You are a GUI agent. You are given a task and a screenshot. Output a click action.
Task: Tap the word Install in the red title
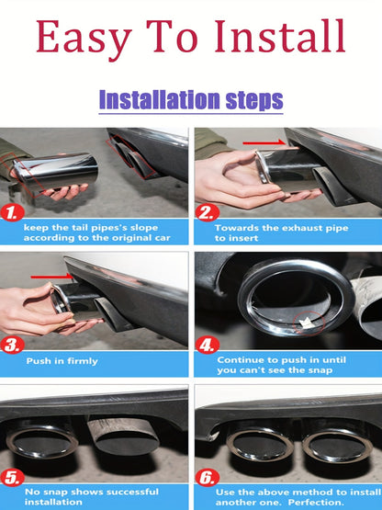pyautogui.click(x=280, y=36)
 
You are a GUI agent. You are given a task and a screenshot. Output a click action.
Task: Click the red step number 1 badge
pyautogui.click(x=12, y=213)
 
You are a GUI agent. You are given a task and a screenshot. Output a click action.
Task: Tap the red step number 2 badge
pyautogui.click(x=208, y=213)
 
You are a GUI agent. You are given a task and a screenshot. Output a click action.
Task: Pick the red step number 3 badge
pyautogui.click(x=12, y=345)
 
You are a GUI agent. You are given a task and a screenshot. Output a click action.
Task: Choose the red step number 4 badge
pyautogui.click(x=208, y=345)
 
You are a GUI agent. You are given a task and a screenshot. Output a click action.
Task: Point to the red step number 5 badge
pyautogui.click(x=12, y=478)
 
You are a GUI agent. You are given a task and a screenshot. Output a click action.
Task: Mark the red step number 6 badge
pyautogui.click(x=208, y=478)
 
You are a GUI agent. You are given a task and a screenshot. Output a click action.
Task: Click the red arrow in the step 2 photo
pyautogui.click(x=264, y=142)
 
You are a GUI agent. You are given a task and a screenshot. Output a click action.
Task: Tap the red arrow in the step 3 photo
pyautogui.click(x=52, y=277)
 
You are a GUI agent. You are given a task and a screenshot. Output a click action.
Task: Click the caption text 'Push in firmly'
pyautogui.click(x=62, y=361)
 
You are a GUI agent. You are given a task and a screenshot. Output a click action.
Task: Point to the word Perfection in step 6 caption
pyautogui.click(x=316, y=502)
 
